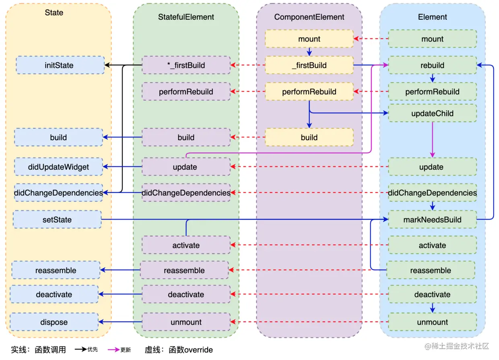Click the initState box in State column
[60, 65]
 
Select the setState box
[57, 220]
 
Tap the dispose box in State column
[54, 322]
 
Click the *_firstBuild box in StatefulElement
[186, 65]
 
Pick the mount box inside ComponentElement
[309, 39]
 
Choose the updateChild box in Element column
[432, 113]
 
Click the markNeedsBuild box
[432, 220]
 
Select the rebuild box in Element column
[432, 65]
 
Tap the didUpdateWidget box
[58, 167]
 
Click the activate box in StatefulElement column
[186, 245]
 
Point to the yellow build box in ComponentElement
[309, 137]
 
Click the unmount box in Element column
[432, 322]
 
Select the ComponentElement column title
[309, 17]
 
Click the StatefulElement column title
[186, 17]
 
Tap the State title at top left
[54, 12]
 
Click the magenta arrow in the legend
[113, 350]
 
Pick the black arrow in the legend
[80, 350]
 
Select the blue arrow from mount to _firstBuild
[309, 52]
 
